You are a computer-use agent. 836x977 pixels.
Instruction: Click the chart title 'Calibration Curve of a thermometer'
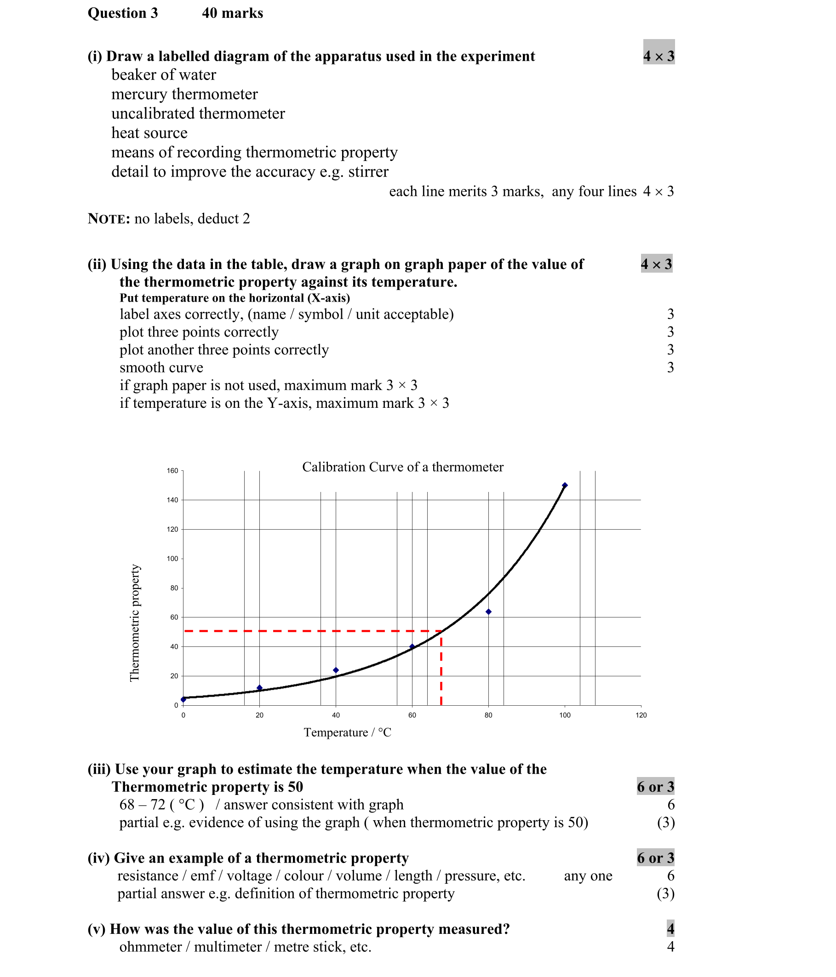point(402,467)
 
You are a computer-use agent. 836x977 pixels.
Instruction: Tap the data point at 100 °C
point(564,485)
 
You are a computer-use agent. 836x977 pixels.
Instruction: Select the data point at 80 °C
point(488,611)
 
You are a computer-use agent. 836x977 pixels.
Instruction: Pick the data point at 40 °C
point(336,670)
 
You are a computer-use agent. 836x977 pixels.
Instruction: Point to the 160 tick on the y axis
point(172,471)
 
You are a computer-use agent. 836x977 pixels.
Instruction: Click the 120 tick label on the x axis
point(641,715)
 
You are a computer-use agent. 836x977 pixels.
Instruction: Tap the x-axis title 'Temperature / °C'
point(348,732)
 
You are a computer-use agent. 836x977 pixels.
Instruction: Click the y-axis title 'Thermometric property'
point(135,623)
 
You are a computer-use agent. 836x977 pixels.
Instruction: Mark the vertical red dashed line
point(441,669)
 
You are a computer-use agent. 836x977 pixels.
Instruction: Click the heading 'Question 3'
point(123,13)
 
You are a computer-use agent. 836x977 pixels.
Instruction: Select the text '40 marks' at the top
point(233,13)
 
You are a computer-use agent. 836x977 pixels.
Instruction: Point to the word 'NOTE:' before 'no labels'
point(109,219)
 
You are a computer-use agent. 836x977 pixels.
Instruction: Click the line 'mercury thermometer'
point(184,94)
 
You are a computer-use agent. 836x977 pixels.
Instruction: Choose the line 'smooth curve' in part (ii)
point(161,367)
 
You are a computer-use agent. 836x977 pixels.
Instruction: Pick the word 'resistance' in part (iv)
point(148,876)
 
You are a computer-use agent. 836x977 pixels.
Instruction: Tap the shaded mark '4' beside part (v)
point(670,929)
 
